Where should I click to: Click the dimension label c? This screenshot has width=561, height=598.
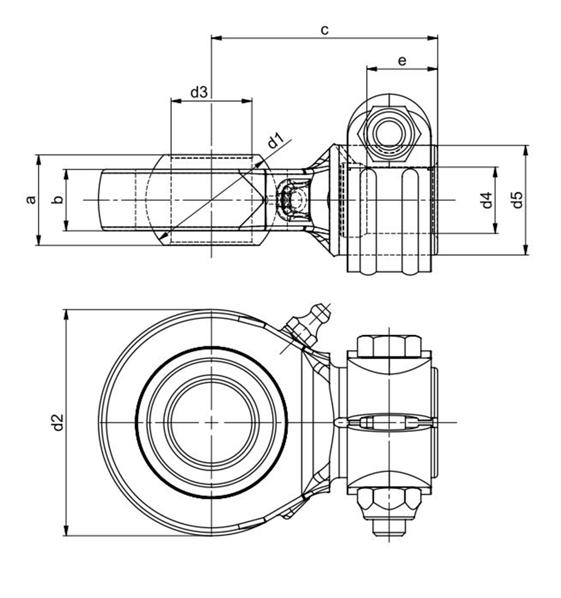325,30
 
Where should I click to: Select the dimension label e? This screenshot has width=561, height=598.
402,61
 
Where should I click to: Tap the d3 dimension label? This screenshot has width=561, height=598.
199,92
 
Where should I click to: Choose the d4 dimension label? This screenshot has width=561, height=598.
487,200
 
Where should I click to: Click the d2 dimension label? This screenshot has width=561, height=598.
57,422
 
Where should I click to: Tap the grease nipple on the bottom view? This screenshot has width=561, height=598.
309,324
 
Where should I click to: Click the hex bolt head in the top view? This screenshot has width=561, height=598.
389,132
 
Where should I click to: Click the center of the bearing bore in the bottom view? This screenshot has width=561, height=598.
211,422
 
